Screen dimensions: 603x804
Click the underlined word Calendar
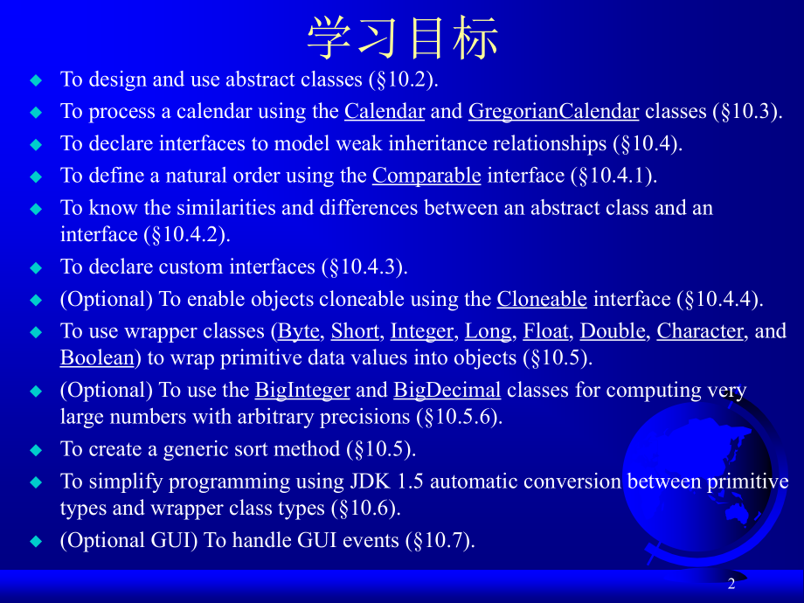[x=385, y=111]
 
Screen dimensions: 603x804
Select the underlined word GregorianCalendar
[x=553, y=111]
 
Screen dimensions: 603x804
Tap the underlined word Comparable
[x=426, y=176]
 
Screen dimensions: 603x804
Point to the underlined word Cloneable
[x=542, y=299]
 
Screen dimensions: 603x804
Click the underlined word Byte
[x=298, y=331]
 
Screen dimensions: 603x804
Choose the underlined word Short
[x=355, y=331]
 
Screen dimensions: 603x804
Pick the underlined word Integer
[x=422, y=331]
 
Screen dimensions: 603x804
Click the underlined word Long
[x=489, y=331]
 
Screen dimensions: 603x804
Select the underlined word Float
[x=545, y=331]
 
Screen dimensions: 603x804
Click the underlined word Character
[x=700, y=331]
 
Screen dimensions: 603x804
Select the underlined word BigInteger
[x=302, y=390]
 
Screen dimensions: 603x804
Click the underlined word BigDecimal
[x=447, y=390]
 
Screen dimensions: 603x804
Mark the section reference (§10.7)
[x=439, y=541]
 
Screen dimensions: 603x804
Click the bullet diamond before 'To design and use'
[x=36, y=80]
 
